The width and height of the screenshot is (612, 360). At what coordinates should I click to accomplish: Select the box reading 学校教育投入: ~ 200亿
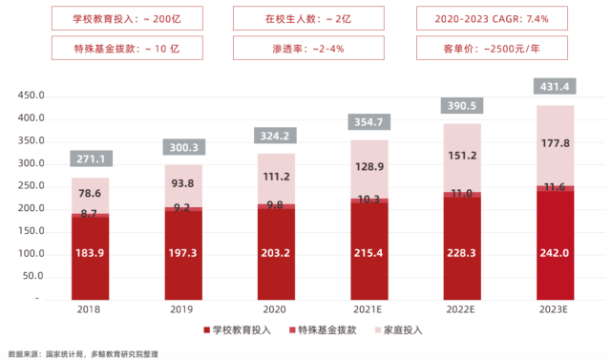96,18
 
